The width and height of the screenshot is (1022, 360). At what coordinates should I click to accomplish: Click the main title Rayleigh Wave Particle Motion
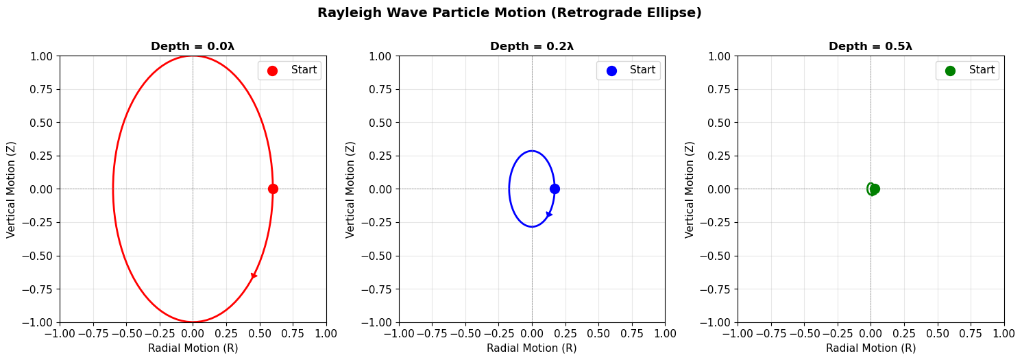point(509,13)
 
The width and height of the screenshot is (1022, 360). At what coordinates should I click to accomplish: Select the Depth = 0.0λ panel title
point(193,47)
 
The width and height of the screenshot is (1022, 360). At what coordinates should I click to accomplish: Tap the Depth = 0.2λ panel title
point(532,47)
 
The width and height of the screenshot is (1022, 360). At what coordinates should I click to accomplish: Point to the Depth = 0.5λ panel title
point(871,47)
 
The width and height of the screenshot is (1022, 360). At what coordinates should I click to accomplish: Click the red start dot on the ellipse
point(273,189)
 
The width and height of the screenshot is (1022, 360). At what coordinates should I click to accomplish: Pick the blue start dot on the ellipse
point(555,189)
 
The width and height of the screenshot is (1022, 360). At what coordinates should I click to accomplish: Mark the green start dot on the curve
point(875,189)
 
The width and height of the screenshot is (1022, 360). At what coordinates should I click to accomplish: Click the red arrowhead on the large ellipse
point(254,276)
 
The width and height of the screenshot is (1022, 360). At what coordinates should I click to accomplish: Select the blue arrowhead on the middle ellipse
point(549,215)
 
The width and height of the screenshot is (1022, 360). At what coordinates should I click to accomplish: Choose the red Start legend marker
point(272,71)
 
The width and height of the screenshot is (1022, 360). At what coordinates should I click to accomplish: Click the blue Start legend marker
point(611,71)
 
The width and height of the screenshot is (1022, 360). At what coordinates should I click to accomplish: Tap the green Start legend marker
point(950,71)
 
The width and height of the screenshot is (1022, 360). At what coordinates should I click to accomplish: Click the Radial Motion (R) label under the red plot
point(193,348)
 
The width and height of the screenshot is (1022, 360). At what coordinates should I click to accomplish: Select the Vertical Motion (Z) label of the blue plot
point(350,189)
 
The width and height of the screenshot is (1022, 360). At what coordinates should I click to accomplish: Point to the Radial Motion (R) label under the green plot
point(871,348)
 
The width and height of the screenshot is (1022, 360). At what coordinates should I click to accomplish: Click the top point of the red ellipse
point(193,56)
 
